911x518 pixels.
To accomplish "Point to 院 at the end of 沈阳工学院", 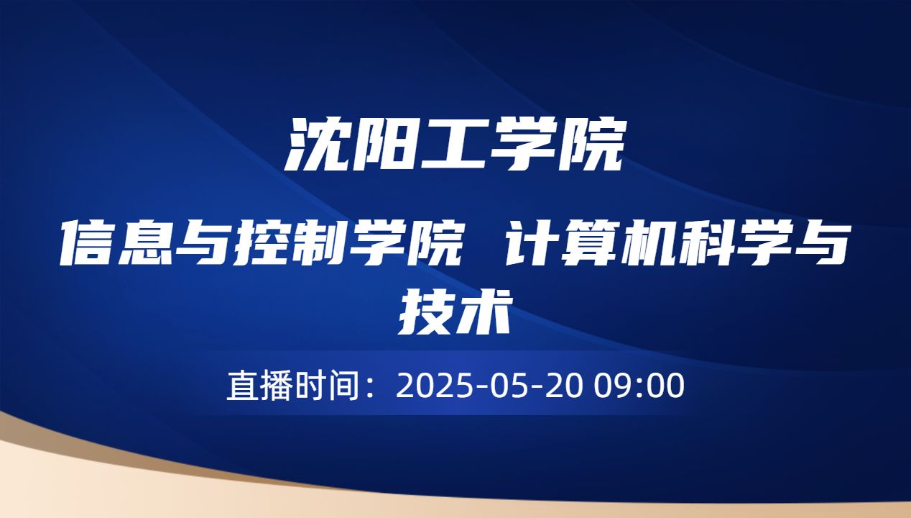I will tap(590, 146).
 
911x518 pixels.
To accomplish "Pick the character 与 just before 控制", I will tap(214, 242).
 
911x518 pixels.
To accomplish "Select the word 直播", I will tap(259, 386).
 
